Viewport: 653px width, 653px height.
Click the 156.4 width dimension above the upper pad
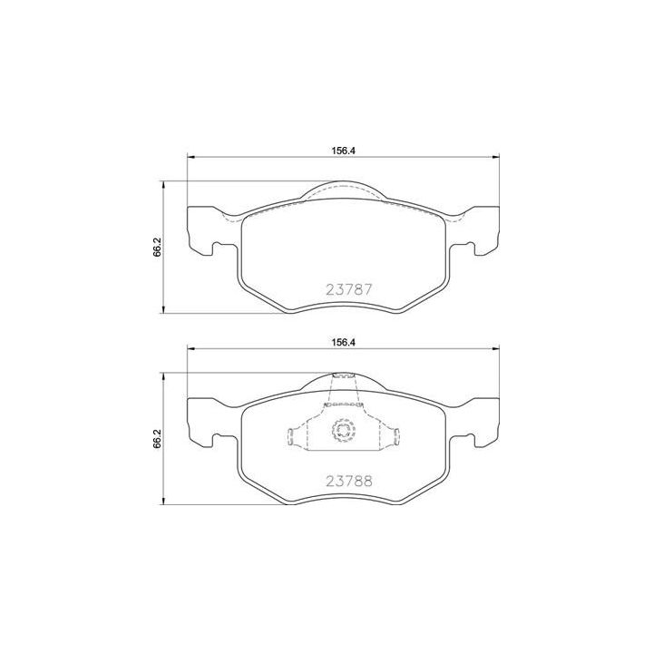tap(342, 151)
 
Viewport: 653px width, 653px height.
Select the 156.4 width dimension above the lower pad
tap(342, 342)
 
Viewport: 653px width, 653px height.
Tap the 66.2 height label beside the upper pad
tap(157, 247)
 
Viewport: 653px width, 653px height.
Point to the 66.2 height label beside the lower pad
tap(157, 438)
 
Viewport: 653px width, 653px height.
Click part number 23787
tap(349, 291)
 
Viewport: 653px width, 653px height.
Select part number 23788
tap(349, 482)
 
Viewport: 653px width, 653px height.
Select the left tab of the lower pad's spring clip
tap(292, 436)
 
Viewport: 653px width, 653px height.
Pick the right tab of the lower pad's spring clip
tap(396, 436)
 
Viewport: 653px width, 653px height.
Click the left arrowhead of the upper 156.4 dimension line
tap(190, 160)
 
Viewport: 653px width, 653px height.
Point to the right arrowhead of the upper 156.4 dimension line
tap(495, 160)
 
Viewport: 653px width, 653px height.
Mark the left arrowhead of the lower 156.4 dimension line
tap(190, 350)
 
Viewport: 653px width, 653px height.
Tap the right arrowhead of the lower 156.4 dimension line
tap(495, 350)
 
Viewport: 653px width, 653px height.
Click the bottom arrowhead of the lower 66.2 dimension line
tap(163, 503)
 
